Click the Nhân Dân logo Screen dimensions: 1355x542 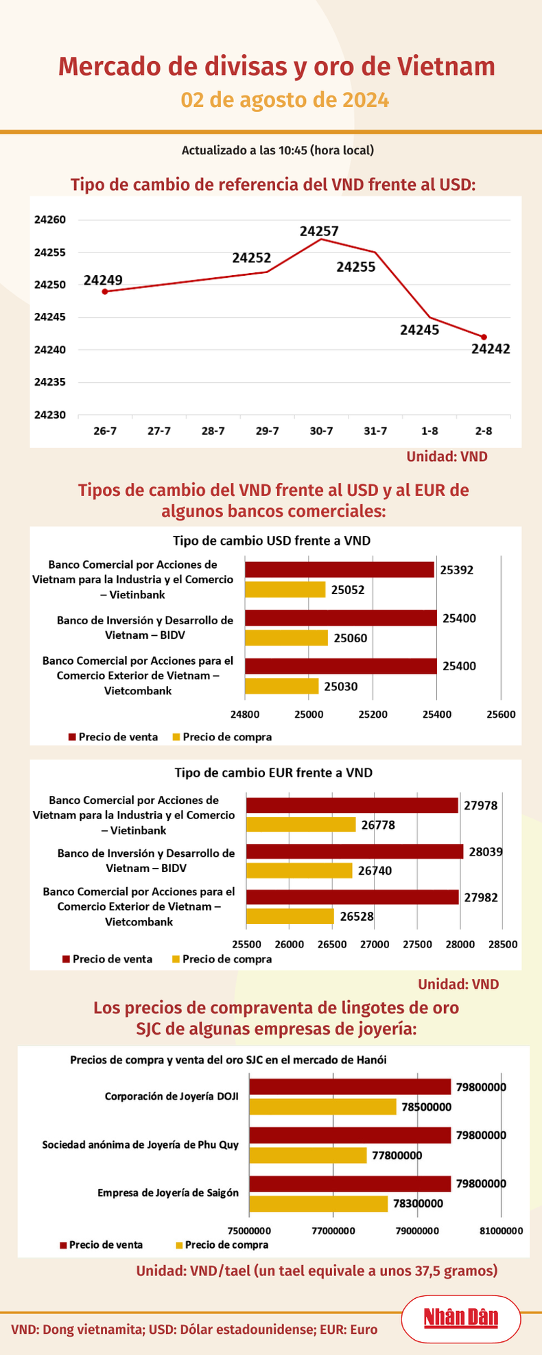pos(460,1317)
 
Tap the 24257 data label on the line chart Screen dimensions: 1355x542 pos(319,232)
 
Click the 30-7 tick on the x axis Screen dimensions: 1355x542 pos(321,432)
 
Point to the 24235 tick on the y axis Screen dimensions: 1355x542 pos(49,382)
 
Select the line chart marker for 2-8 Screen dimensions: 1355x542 pos(484,337)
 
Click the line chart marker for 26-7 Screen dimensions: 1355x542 pos(104,292)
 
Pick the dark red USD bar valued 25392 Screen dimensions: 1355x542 pos(340,569)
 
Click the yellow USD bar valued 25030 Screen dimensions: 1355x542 pos(282,686)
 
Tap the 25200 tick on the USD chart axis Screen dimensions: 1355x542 pos(373,714)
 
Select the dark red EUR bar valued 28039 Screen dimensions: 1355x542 pos(355,851)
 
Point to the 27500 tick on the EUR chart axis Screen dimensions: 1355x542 pos(417,944)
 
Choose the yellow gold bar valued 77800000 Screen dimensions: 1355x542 pos(308,1155)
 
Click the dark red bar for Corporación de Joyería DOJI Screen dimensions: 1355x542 pos(350,1087)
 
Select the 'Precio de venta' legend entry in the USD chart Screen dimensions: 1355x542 pos(113,737)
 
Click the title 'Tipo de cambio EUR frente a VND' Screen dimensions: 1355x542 pos(273,773)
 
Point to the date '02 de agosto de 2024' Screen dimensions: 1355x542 pos(285,100)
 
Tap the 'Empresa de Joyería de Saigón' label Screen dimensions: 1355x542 pos(168,1192)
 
